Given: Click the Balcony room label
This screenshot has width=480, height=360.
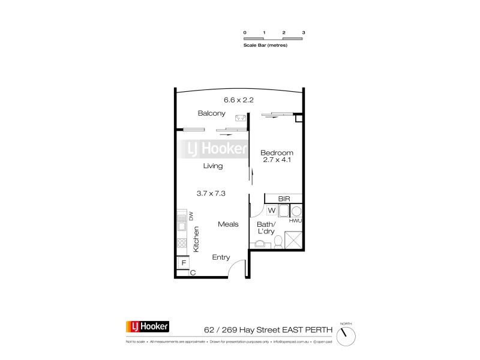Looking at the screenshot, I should (x=212, y=113).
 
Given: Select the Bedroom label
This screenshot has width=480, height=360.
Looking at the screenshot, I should (x=277, y=152).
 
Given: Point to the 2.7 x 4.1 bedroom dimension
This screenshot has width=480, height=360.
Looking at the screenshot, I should (x=277, y=160).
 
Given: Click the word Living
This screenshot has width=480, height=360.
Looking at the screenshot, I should (x=213, y=166).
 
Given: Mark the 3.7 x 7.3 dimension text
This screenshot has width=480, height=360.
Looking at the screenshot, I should (x=210, y=193).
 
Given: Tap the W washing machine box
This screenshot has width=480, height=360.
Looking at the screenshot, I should (x=271, y=210).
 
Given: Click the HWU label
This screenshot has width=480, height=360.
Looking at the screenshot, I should (x=295, y=221).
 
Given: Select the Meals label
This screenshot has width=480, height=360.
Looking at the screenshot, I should (x=229, y=224).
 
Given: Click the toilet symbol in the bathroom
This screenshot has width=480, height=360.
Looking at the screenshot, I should (x=278, y=242).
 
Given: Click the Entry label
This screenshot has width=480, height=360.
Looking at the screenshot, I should (x=221, y=257).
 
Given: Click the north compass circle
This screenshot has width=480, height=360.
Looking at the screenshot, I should (x=346, y=336).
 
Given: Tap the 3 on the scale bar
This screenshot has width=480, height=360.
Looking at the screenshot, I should (x=304, y=32).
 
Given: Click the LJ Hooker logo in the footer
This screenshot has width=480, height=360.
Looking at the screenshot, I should (x=147, y=328).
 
